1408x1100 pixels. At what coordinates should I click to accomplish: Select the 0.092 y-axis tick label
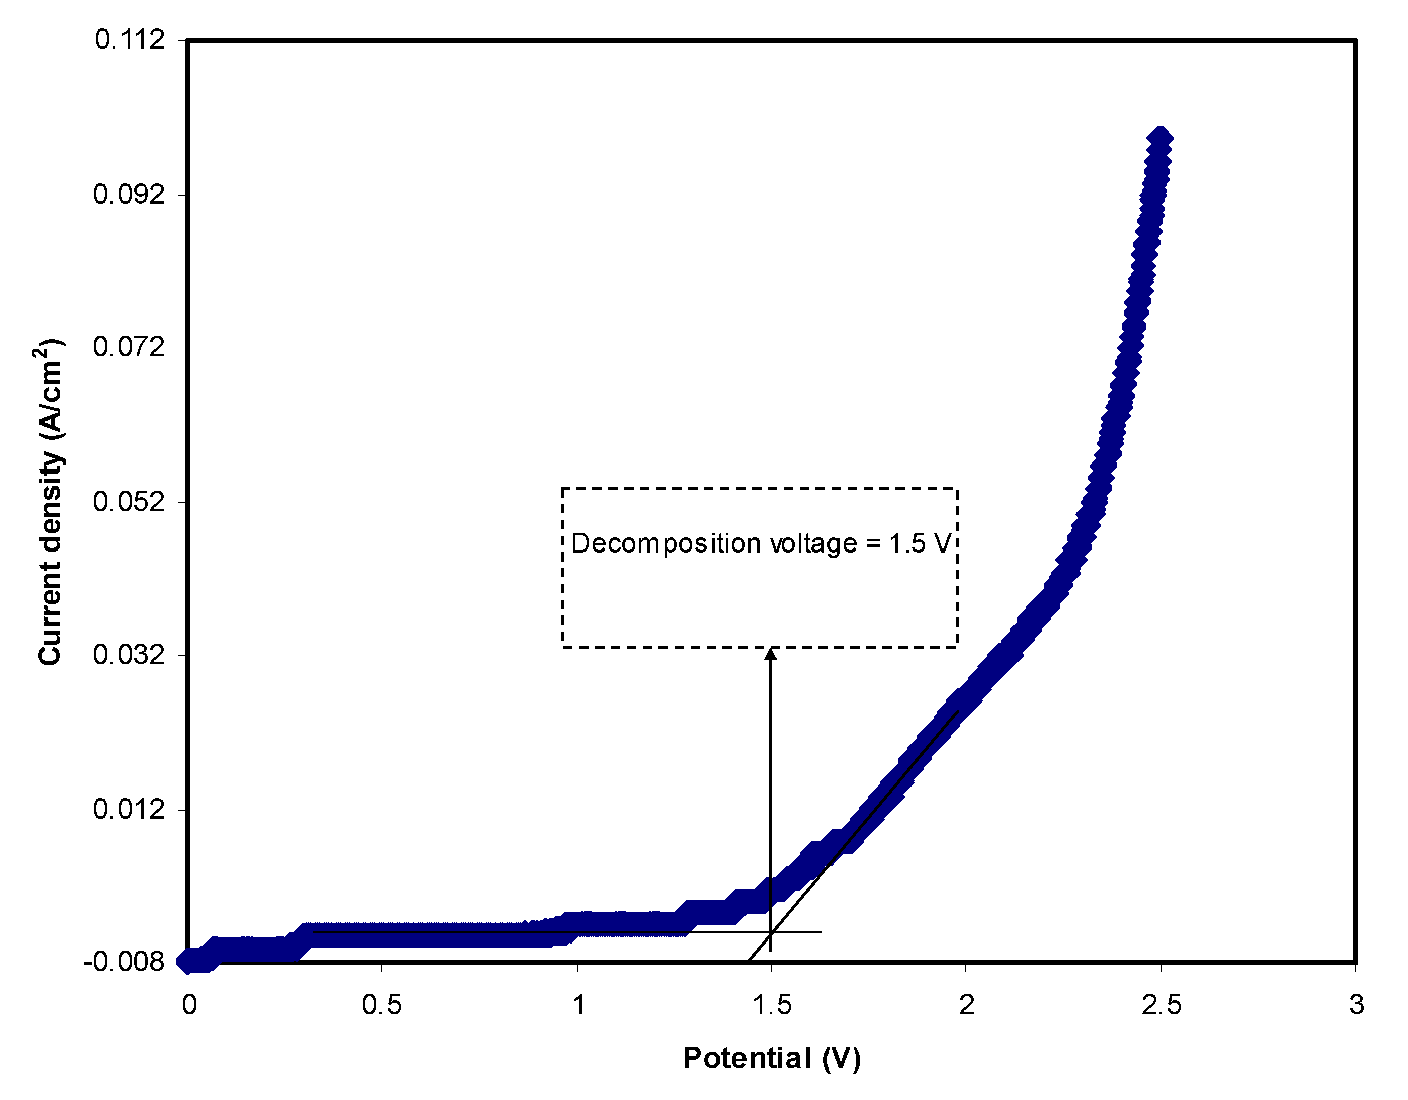[129, 194]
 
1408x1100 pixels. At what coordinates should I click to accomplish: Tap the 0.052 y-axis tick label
[129, 501]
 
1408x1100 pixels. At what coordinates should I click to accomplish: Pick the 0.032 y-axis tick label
[129, 655]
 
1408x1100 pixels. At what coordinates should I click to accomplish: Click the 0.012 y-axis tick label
[129, 809]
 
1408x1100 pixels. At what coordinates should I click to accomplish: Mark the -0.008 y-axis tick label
[124, 962]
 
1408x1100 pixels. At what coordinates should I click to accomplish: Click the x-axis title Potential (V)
[772, 1058]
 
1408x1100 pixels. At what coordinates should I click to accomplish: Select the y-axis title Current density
[50, 502]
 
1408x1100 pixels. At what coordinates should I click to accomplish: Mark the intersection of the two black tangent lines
[771, 932]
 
